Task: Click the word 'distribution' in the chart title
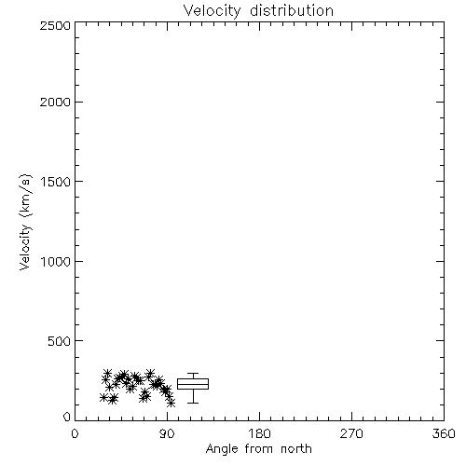pyautogui.click(x=292, y=10)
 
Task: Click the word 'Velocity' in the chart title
pyautogui.click(x=212, y=11)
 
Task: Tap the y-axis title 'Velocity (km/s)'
pyautogui.click(x=25, y=222)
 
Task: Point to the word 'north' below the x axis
pyautogui.click(x=296, y=448)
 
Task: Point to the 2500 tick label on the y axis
pyautogui.click(x=55, y=25)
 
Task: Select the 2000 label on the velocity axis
pyautogui.click(x=55, y=102)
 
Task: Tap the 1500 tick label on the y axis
pyautogui.click(x=56, y=182)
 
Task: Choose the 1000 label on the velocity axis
pyautogui.click(x=56, y=261)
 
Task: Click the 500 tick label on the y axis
pyautogui.click(x=60, y=341)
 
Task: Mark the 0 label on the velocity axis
pyautogui.click(x=67, y=417)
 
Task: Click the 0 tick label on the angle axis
pyautogui.click(x=75, y=433)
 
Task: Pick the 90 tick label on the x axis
pyautogui.click(x=167, y=433)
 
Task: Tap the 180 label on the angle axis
pyautogui.click(x=259, y=433)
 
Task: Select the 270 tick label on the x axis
pyautogui.click(x=351, y=433)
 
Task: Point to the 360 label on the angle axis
pyautogui.click(x=444, y=433)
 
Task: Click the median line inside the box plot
pyautogui.click(x=193, y=385)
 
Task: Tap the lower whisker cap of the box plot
pyautogui.click(x=193, y=403)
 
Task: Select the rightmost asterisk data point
pyautogui.click(x=171, y=404)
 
